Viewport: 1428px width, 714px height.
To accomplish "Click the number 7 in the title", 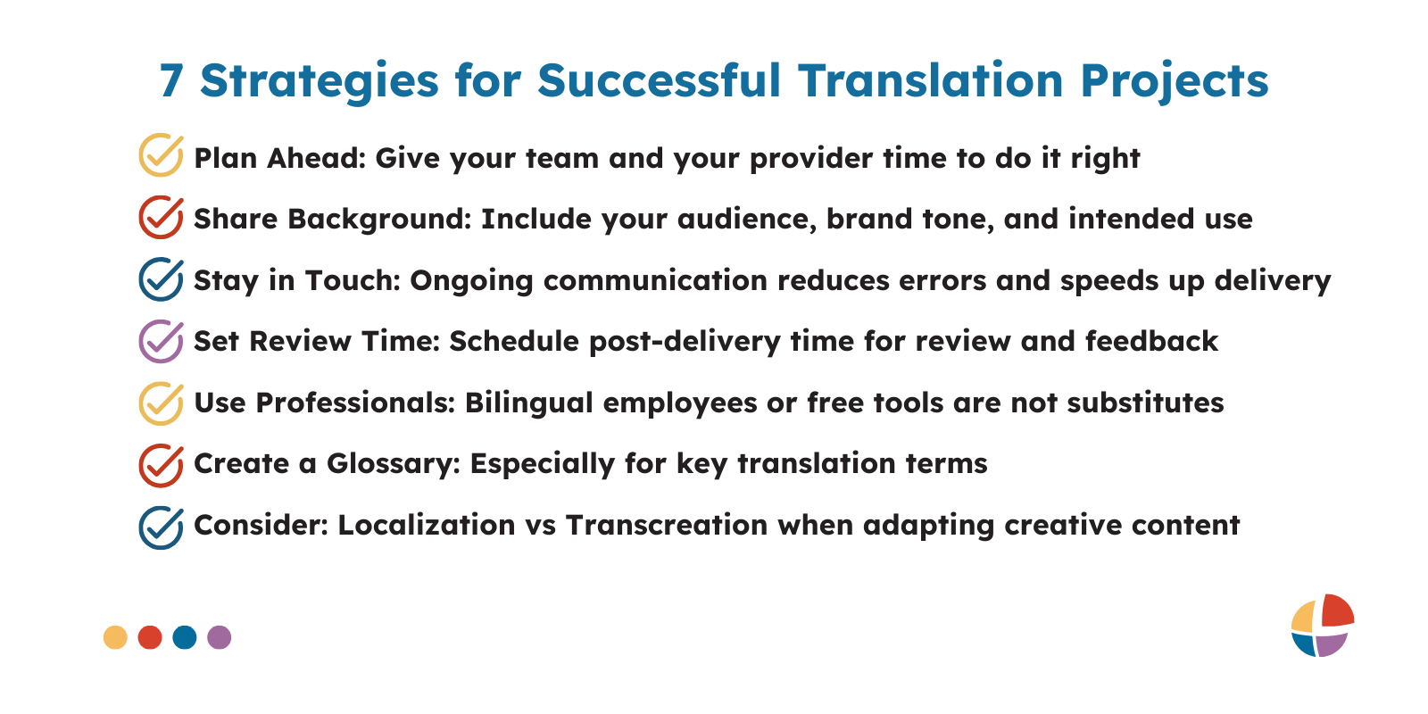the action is (x=171, y=81).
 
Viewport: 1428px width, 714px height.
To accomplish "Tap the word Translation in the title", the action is (x=931, y=80).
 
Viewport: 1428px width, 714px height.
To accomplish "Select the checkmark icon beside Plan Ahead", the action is (x=162, y=155).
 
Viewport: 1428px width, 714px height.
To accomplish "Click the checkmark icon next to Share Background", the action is (x=162, y=218).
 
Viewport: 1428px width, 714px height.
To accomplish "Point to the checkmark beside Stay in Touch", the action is (x=162, y=279).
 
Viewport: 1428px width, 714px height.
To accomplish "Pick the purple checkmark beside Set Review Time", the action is (x=162, y=341).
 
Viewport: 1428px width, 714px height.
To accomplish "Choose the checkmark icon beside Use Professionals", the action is (x=162, y=403).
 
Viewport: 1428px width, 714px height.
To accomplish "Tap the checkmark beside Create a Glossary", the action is (x=162, y=465).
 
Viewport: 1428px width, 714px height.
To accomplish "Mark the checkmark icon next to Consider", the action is (x=162, y=527).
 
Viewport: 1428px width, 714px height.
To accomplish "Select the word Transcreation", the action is (x=667, y=526).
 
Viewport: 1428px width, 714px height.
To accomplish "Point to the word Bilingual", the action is (x=529, y=403).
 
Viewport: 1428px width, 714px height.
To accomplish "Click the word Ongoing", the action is (x=471, y=281).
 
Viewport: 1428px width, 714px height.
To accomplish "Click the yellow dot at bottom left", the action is (x=115, y=637).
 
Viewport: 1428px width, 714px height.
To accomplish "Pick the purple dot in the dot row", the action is (x=220, y=637).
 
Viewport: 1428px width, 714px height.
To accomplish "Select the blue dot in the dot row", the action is (x=185, y=637).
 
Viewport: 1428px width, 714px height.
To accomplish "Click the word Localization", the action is (x=427, y=526).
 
